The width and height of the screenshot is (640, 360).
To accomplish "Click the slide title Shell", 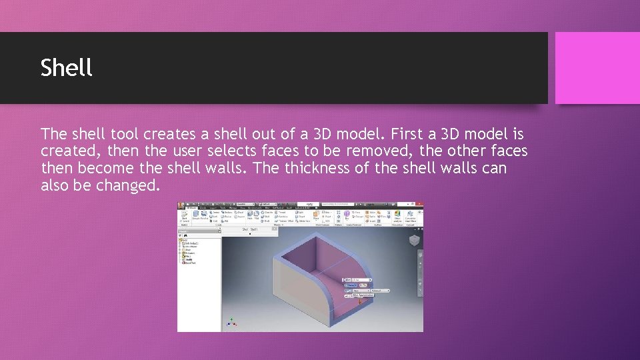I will [x=66, y=67].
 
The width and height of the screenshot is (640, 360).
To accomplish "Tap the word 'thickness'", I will [x=318, y=168].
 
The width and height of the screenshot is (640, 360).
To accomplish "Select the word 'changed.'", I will [x=128, y=185].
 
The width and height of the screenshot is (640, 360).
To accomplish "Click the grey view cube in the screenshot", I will [x=414, y=240].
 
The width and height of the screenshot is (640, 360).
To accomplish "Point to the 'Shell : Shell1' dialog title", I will [x=250, y=229].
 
